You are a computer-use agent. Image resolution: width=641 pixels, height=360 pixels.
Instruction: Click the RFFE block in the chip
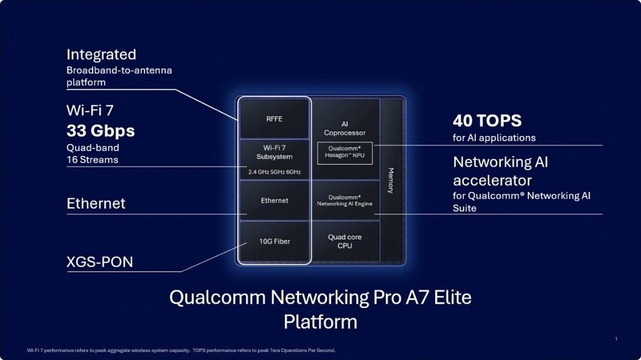coord(274,119)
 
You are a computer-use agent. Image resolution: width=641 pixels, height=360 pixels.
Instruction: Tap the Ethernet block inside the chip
coord(274,200)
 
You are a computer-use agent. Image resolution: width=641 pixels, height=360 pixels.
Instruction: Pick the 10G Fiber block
coord(274,241)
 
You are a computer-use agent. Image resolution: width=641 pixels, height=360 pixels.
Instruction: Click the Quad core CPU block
coord(345,241)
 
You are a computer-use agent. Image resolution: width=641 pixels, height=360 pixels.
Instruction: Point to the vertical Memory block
coord(391,180)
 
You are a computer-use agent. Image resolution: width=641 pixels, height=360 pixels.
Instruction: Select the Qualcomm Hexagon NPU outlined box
coord(345,153)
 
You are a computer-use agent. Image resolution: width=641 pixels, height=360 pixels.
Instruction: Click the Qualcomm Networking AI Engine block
coord(345,200)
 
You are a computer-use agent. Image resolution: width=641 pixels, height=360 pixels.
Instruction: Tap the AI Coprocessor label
coord(345,128)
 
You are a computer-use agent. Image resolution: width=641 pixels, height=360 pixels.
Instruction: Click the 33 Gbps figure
coord(101,131)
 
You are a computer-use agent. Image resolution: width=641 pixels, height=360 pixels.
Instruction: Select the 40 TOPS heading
coord(487,120)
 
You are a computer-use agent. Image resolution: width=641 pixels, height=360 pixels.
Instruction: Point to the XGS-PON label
coord(100,262)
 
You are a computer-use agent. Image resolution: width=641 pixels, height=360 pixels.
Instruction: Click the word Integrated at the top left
coord(101,54)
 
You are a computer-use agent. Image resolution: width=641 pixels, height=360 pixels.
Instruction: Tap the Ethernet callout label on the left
coord(96,203)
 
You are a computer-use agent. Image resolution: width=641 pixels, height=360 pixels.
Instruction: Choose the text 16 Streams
coord(93,160)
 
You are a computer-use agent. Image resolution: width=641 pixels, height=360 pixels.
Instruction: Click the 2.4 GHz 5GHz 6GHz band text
coord(274,171)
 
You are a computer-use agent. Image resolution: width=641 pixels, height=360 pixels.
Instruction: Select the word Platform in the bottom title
coord(320,322)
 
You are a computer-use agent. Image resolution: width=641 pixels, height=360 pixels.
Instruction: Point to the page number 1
coord(616,339)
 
